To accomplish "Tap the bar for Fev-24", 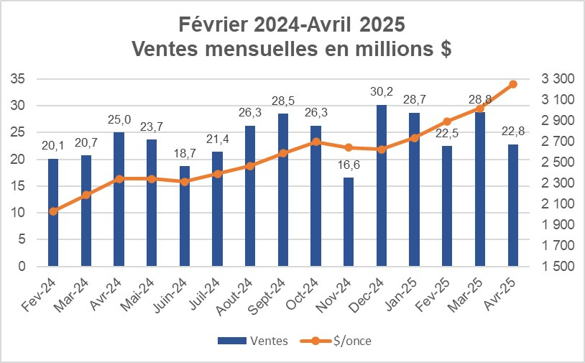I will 52,212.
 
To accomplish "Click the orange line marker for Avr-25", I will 513,84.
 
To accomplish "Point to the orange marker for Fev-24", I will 52,211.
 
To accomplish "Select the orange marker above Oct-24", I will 315,142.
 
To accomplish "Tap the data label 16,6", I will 348,165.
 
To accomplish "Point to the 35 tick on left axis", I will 19,78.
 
